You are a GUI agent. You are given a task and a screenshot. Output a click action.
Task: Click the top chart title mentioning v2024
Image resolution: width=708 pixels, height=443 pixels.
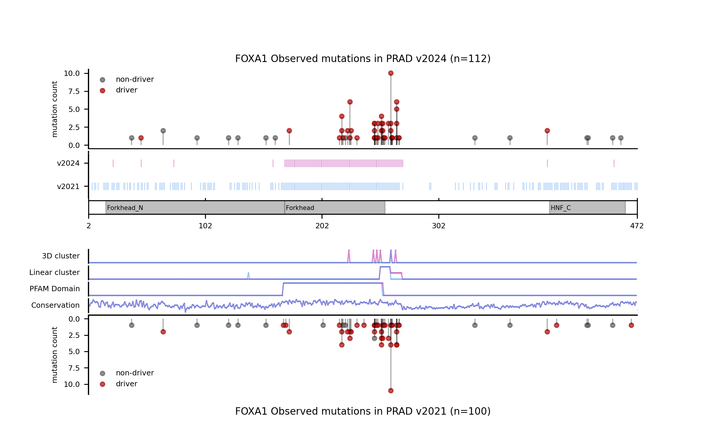click(363, 59)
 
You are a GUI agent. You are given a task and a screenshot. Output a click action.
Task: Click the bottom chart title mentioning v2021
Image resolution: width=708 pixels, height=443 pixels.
click(363, 411)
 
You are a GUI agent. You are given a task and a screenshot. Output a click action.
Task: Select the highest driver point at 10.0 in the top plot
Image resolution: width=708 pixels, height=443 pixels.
click(391, 73)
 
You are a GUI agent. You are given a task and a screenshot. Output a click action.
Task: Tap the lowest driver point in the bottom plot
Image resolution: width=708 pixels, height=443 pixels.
click(391, 391)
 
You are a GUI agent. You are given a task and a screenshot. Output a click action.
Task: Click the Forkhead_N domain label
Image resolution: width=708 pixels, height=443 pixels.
click(125, 208)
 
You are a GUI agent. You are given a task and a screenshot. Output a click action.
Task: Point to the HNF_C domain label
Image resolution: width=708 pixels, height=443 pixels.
click(560, 208)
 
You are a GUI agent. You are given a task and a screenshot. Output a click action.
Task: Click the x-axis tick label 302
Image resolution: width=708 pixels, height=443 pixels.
click(438, 226)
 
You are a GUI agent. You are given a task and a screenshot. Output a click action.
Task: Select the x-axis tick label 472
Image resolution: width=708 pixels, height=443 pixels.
click(637, 226)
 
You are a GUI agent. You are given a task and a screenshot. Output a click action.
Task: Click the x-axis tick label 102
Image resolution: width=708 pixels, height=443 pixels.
click(205, 226)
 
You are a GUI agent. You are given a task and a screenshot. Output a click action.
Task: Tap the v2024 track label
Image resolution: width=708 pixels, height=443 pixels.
click(68, 163)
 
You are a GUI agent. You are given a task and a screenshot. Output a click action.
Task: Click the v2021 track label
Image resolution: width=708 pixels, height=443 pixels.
click(68, 187)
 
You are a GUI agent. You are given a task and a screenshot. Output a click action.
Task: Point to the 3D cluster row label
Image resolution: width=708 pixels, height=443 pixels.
click(61, 256)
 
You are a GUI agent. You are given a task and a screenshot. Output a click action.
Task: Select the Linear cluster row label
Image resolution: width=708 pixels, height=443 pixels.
click(54, 273)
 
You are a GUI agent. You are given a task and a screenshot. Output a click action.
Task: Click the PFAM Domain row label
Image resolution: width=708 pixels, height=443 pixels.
click(55, 289)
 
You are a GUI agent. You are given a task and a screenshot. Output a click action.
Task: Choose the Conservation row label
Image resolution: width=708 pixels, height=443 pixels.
click(55, 305)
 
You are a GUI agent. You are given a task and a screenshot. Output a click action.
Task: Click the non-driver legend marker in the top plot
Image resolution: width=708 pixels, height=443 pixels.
click(102, 80)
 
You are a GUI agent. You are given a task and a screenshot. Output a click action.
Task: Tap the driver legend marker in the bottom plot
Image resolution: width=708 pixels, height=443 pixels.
click(102, 384)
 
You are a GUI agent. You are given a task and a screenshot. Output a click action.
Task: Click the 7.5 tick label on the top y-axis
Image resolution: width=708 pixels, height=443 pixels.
click(74, 92)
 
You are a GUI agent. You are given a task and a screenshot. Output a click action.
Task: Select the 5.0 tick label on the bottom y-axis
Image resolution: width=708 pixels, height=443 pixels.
click(74, 352)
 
